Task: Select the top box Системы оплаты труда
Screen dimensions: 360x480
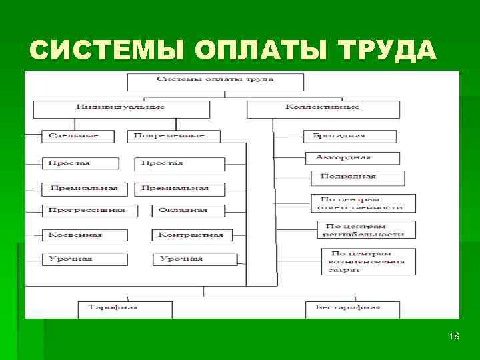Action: tap(215, 80)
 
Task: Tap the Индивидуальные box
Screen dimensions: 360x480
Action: tap(121, 108)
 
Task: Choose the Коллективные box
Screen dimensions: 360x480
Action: tap(323, 108)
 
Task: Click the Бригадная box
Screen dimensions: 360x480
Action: tap(339, 136)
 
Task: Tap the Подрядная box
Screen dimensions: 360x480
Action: tap(357, 177)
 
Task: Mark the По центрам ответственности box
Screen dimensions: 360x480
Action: tap(363, 203)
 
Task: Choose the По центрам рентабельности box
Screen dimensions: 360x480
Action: tap(366, 230)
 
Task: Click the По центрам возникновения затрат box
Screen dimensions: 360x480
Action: tap(368, 261)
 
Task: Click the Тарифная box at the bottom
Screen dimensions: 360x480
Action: tap(124, 308)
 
